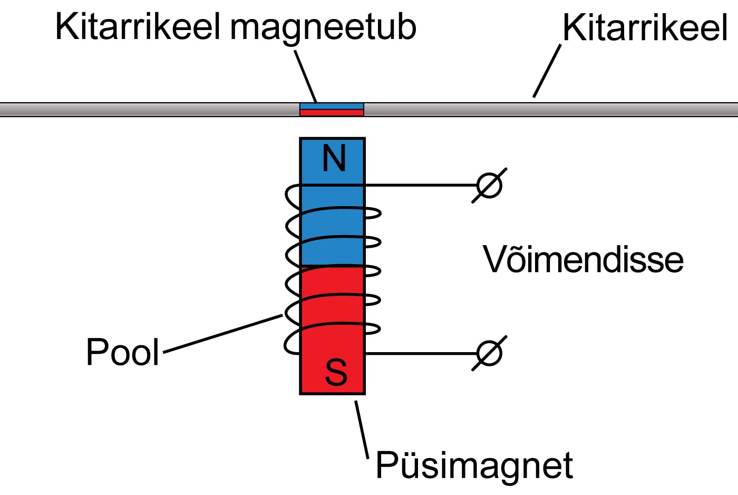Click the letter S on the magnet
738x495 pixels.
click(336, 372)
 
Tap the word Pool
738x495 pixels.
click(122, 352)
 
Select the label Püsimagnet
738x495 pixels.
click(474, 465)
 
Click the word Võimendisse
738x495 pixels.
click(583, 259)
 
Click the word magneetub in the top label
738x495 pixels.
click(323, 27)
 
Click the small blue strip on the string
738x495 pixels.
click(332, 106)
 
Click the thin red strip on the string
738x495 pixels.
click(332, 112)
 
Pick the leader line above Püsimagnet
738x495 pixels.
click(362, 430)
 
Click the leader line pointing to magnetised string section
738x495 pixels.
click(305, 76)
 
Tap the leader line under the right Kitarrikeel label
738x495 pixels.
click(547, 71)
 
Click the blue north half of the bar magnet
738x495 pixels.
click(332, 227)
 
